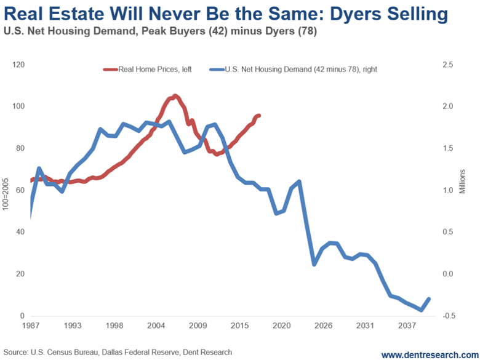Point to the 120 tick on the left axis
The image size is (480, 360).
[x=18, y=65]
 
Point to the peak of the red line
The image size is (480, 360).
[x=175, y=95]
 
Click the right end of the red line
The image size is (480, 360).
[x=259, y=116]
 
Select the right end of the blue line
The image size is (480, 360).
[x=429, y=299]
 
